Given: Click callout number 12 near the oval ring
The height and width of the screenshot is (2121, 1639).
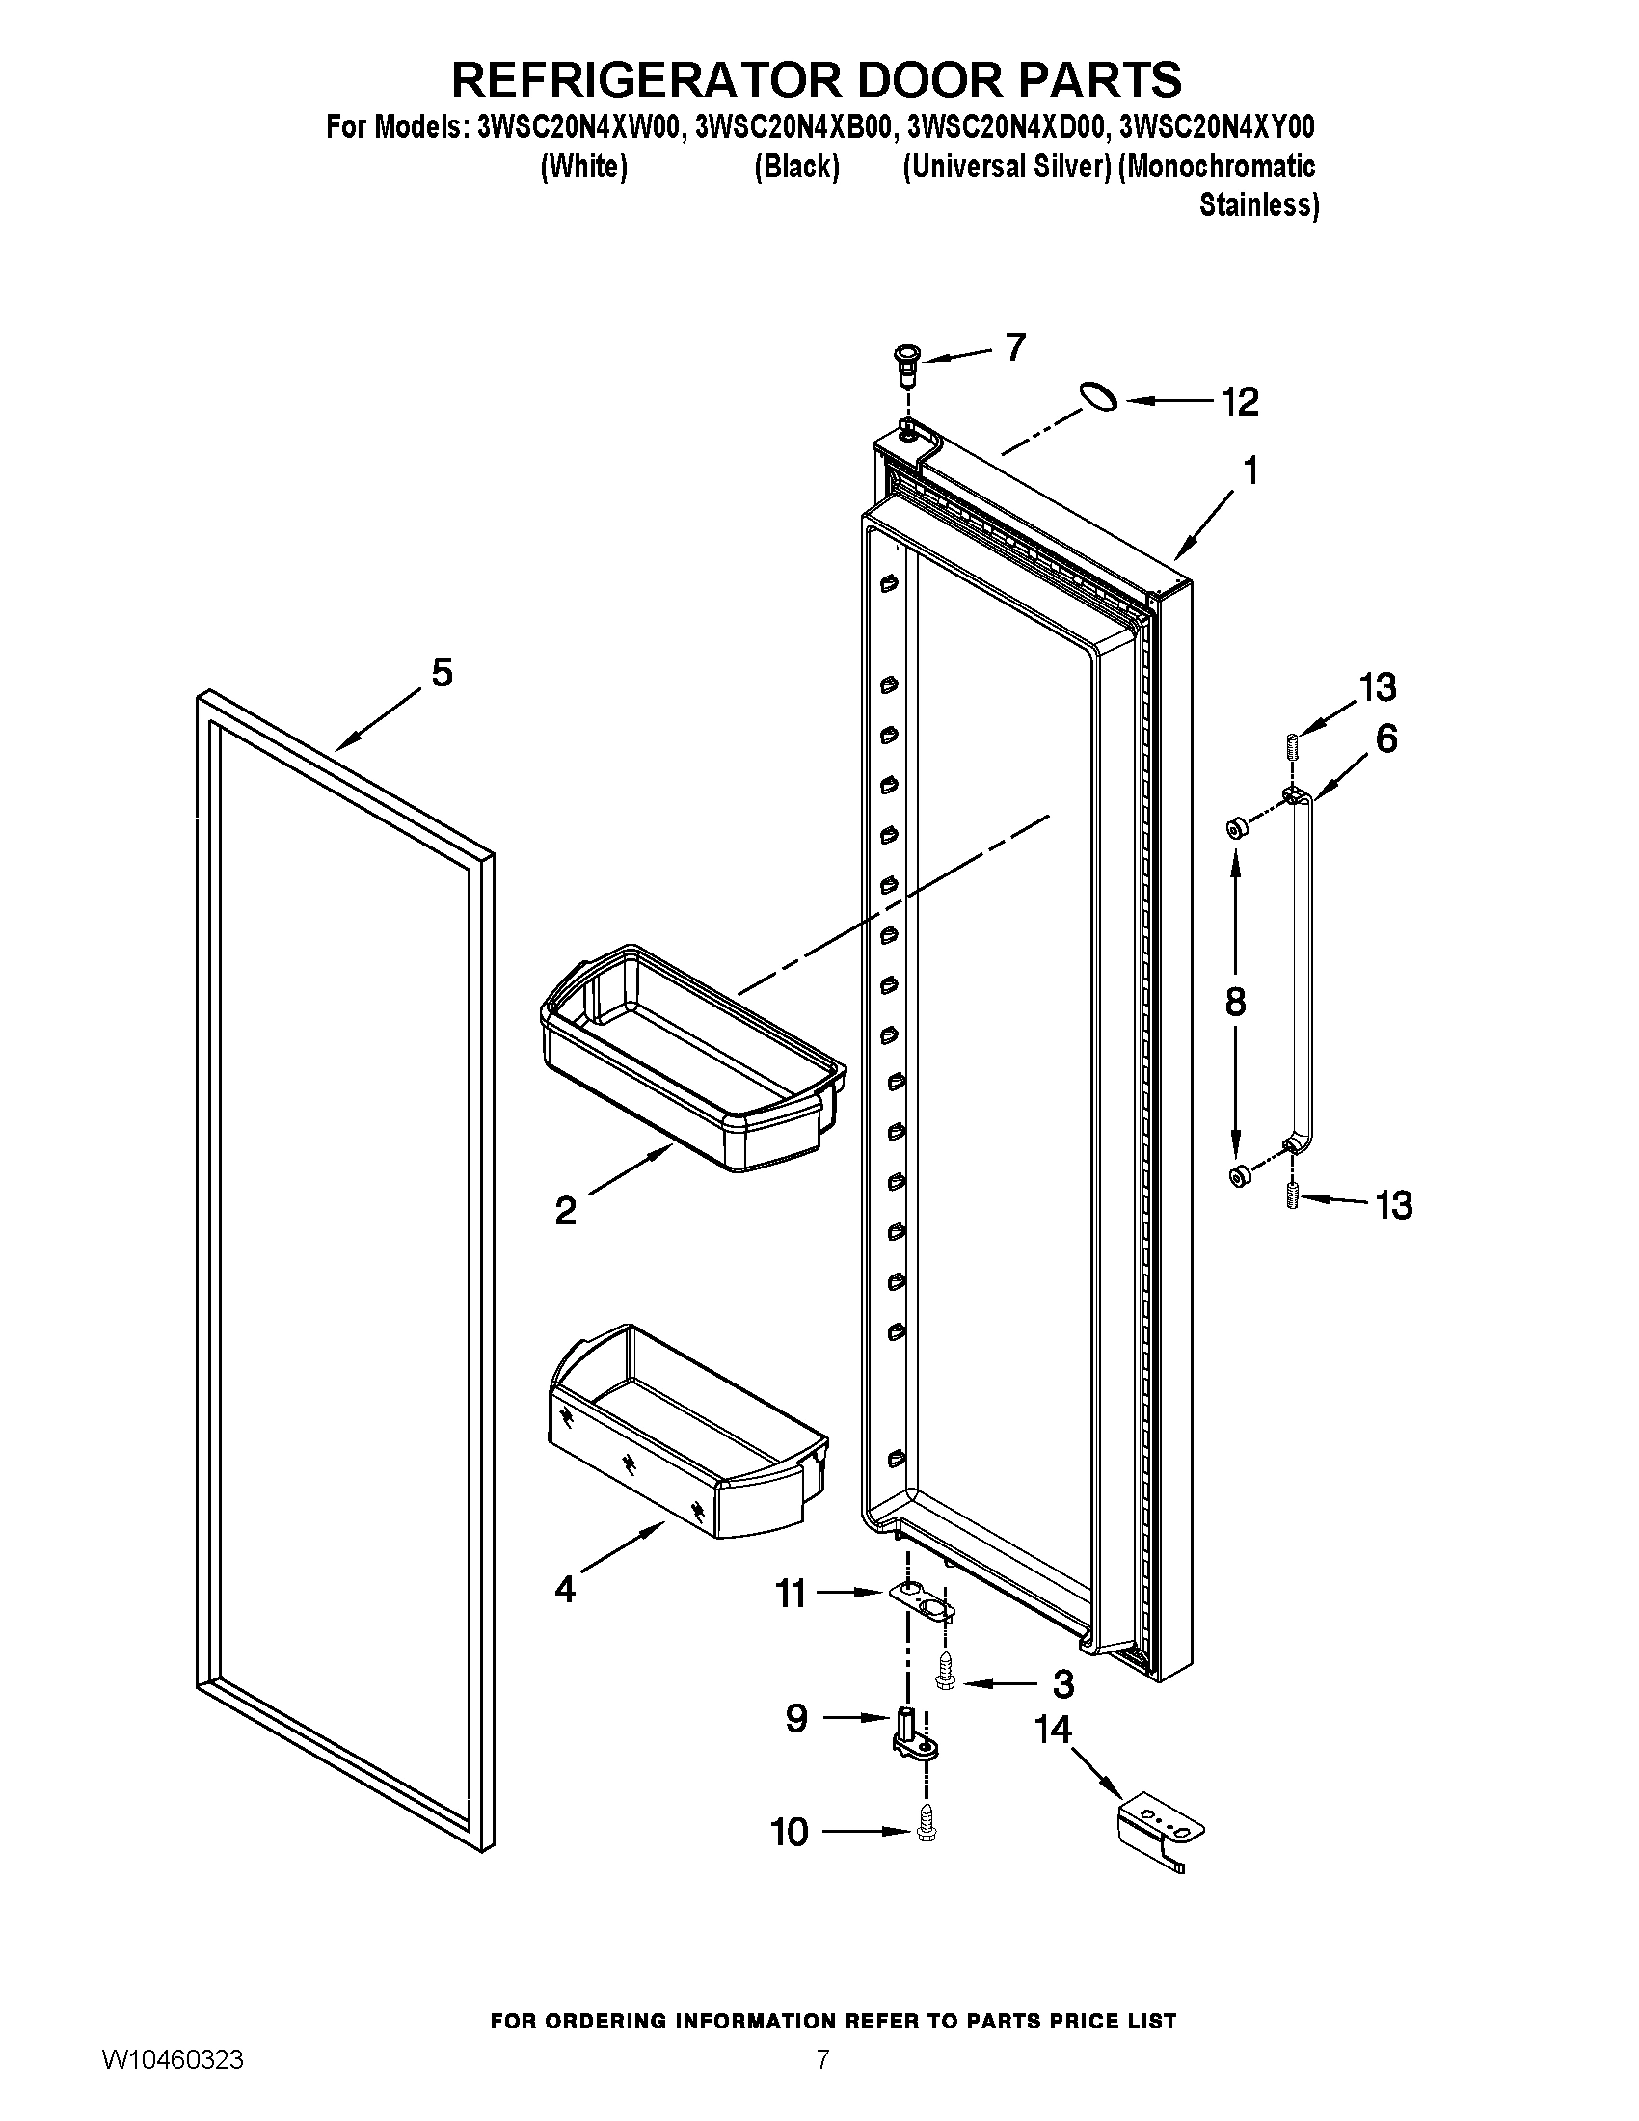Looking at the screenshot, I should click(x=1240, y=401).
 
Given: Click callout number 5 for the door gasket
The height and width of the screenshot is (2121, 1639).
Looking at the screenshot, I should click(x=442, y=672).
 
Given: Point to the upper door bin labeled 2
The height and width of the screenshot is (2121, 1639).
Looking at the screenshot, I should click(x=691, y=1059).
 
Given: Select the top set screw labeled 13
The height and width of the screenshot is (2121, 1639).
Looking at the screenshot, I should click(x=1292, y=749).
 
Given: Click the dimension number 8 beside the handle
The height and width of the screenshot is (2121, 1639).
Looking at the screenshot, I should click(x=1235, y=1002).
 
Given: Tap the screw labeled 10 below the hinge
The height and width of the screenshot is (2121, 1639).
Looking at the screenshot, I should click(x=926, y=1831).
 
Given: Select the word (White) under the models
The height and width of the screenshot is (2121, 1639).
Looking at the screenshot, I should click(x=582, y=167).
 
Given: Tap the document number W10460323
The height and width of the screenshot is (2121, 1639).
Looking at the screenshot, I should click(x=172, y=2082).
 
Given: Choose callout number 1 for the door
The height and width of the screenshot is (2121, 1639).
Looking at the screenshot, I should click(x=1250, y=471).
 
